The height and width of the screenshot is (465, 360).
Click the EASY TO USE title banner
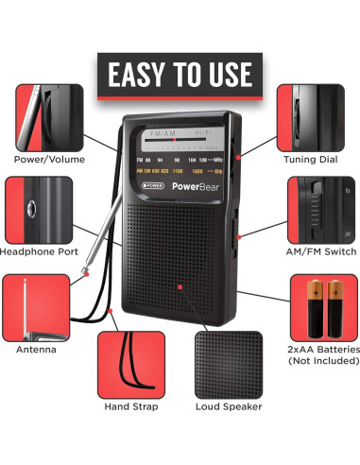(x=180, y=73)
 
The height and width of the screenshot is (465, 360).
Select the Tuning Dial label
(x=311, y=159)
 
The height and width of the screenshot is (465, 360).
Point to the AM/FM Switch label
(x=321, y=251)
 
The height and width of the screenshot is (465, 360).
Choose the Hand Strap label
(x=131, y=406)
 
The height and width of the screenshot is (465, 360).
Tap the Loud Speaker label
(x=229, y=406)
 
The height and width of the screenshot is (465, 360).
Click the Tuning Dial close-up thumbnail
(x=309, y=115)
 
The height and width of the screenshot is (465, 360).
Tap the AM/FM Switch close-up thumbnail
(x=320, y=209)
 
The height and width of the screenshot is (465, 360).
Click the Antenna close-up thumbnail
(x=35, y=306)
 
